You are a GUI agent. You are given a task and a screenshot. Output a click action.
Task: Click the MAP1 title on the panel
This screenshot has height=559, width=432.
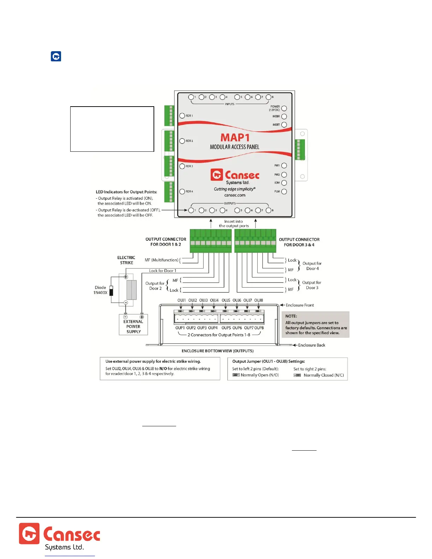pos(235,137)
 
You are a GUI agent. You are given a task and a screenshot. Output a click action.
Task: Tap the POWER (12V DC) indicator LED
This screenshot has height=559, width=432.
pos(284,108)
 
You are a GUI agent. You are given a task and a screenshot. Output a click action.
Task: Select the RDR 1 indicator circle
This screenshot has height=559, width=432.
pos(182,116)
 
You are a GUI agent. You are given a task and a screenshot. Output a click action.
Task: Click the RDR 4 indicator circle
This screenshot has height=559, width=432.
pos(182,192)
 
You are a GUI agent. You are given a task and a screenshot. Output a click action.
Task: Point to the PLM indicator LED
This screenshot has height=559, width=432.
pos(284,192)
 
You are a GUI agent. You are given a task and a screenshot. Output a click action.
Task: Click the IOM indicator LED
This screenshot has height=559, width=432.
pos(284,183)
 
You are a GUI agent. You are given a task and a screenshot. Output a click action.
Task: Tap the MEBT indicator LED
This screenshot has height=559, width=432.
pos(284,125)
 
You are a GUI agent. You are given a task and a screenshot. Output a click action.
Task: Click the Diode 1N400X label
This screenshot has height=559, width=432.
pos(100,290)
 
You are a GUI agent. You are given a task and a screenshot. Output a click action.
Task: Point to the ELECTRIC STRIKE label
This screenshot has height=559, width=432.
pos(126,260)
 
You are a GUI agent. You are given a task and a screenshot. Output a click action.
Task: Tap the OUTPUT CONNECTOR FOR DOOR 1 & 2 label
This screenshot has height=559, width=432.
pos(166,242)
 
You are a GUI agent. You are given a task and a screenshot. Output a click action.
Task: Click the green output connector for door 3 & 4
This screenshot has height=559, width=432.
pos(255,241)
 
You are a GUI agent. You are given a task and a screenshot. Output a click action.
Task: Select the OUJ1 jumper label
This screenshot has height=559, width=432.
pos(181,300)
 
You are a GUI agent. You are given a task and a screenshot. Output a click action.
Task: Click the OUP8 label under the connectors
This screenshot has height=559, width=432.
pos(259,328)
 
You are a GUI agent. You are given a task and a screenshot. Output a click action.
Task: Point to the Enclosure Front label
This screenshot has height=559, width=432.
pos(300,305)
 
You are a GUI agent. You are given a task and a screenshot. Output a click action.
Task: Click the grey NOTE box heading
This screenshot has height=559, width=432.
pos(291,316)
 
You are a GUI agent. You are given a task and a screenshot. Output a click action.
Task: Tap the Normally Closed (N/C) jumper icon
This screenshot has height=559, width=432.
pos(297,375)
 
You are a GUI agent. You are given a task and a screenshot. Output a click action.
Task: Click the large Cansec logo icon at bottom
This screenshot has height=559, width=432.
pos(29,534)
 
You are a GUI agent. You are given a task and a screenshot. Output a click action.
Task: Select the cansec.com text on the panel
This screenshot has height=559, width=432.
pos(235,195)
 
